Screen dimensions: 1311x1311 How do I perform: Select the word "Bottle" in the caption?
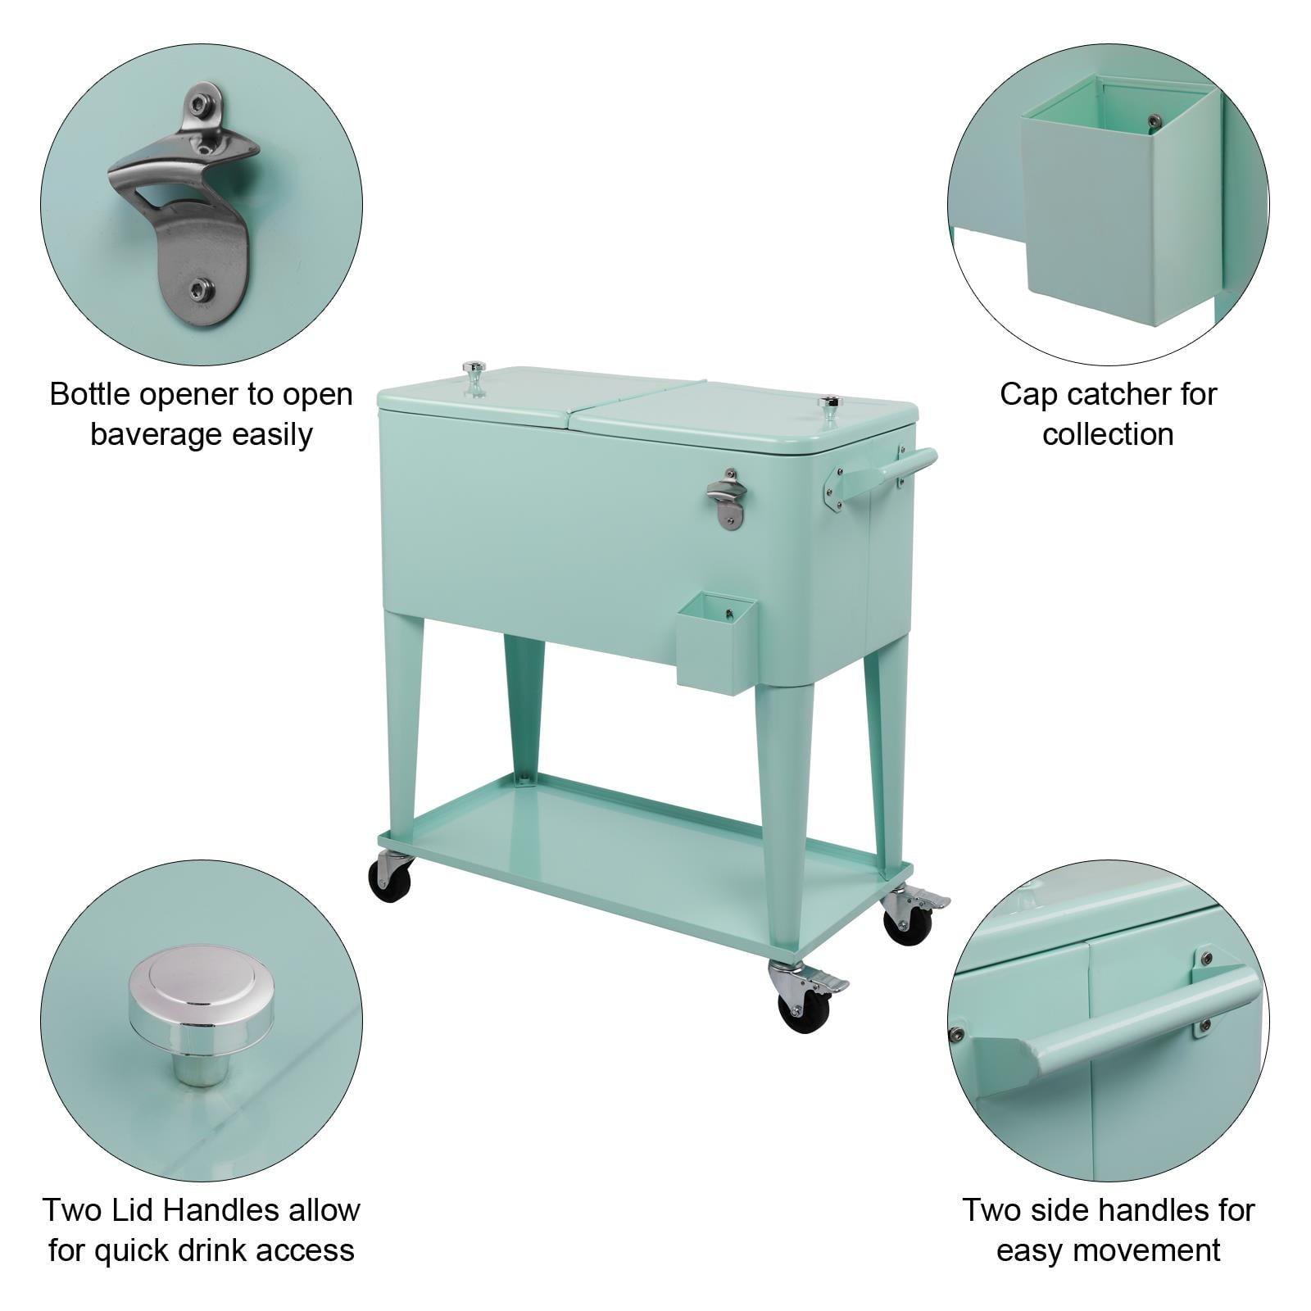(90, 394)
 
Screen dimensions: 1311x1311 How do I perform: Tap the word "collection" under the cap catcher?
(1108, 434)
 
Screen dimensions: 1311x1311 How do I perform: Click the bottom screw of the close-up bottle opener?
(199, 288)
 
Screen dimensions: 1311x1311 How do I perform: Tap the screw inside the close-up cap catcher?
(1154, 120)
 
